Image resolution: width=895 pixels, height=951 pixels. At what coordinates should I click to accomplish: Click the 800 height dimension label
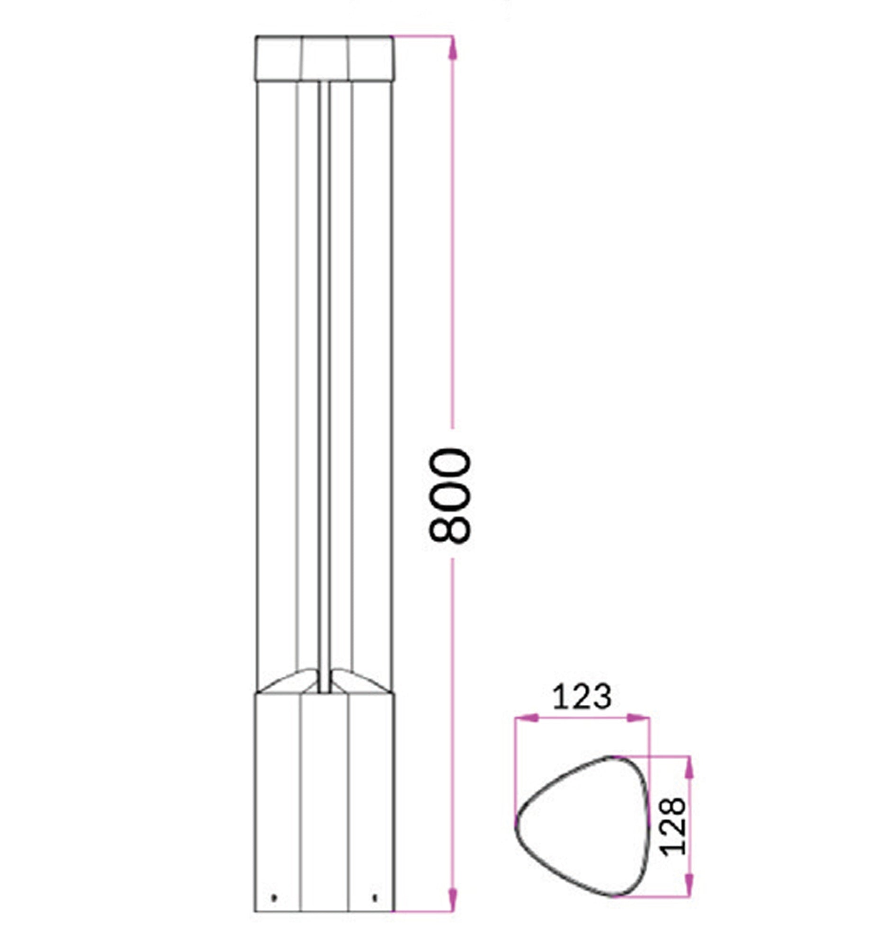pyautogui.click(x=450, y=495)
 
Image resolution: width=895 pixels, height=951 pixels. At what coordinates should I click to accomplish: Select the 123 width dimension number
pyautogui.click(x=582, y=697)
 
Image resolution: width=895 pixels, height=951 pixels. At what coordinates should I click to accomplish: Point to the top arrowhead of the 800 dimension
pyautogui.click(x=453, y=48)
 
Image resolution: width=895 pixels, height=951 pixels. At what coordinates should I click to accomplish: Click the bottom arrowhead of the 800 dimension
pyautogui.click(x=453, y=899)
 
